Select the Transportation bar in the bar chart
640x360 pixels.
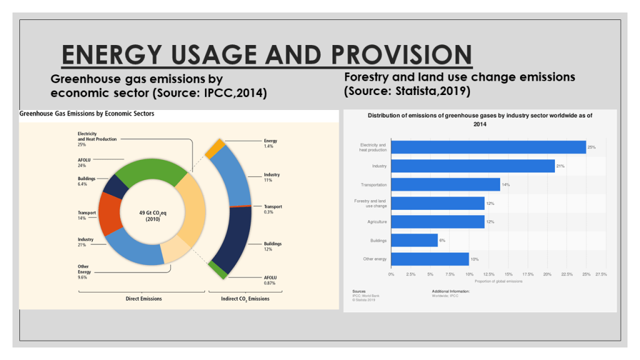tap(445, 184)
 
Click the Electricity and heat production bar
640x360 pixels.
tap(488, 147)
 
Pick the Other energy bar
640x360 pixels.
tap(429, 259)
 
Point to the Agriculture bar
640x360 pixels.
tap(437, 222)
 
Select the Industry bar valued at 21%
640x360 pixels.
tap(472, 166)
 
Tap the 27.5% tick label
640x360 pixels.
tap(601, 274)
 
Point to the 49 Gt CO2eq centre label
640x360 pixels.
tap(149, 216)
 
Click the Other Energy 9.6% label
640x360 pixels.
tap(83, 271)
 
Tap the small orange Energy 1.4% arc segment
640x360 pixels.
tap(216, 147)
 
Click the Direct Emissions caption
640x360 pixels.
tap(144, 299)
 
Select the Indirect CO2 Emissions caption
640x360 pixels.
tap(245, 299)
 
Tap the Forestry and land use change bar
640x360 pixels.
tap(437, 203)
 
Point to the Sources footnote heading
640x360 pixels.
tap(359, 291)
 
